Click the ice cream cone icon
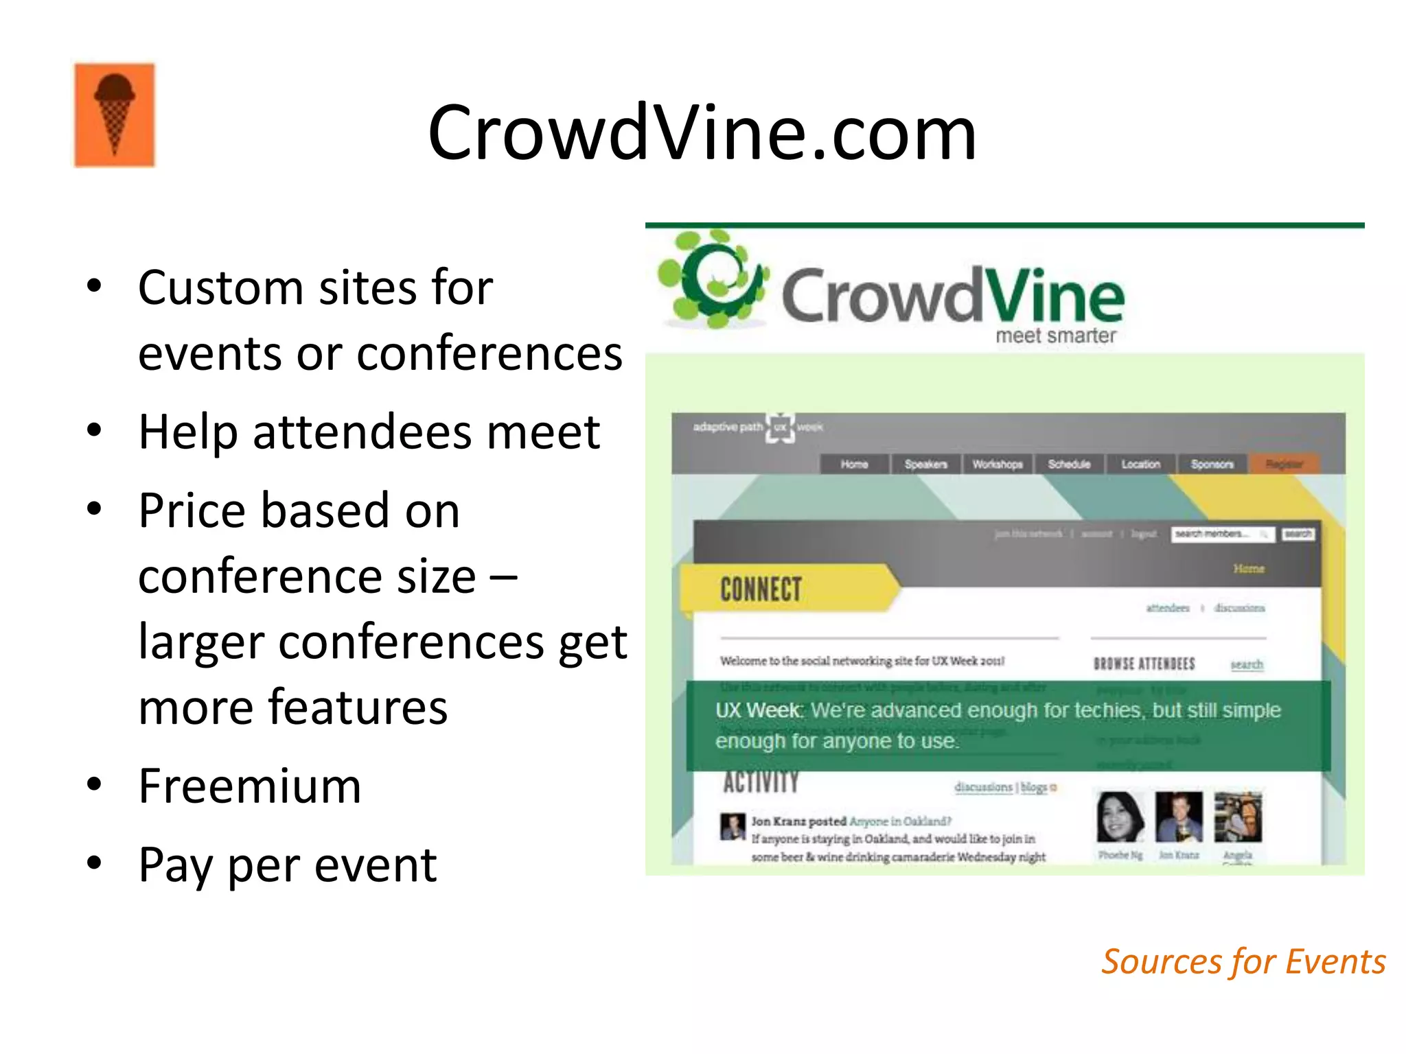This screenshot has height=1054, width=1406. coord(115,115)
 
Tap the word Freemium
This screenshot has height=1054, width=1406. coord(249,786)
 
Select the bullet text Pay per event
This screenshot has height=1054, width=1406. coord(287,865)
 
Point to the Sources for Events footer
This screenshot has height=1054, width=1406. coord(1243,961)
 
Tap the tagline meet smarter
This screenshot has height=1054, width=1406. coord(1055,336)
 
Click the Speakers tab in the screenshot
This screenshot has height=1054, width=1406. coord(925,465)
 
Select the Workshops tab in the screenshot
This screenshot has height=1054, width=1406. coord(998,465)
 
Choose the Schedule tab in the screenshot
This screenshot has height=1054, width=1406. coord(1069,465)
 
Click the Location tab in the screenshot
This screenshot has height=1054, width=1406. coord(1140,465)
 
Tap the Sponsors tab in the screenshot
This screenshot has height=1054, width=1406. coord(1212,465)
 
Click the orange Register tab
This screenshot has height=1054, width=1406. coord(1284,465)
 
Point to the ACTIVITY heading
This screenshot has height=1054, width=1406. coord(761,782)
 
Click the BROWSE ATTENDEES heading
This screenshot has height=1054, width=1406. coord(1144,664)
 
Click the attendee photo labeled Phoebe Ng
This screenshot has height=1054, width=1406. coord(1120,817)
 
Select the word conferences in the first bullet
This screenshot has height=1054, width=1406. coord(489,354)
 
